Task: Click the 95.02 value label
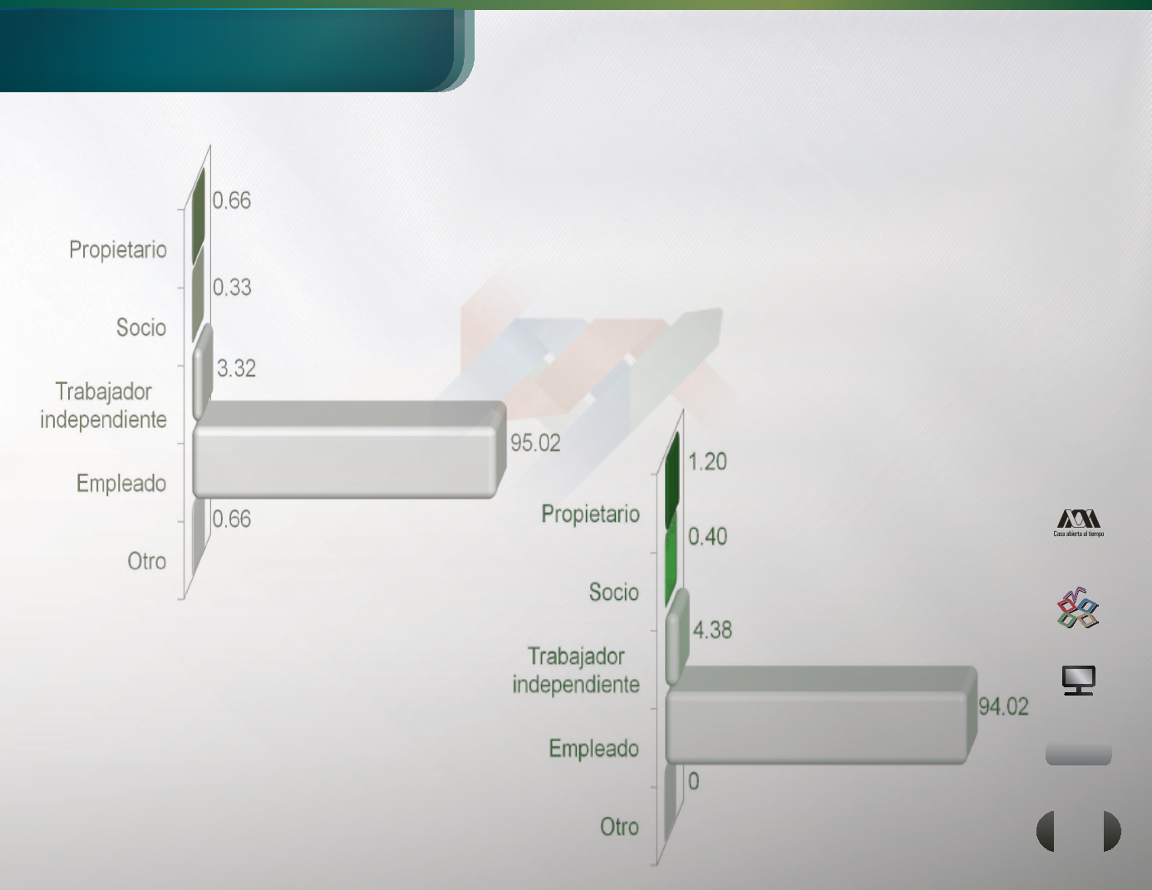click(x=535, y=443)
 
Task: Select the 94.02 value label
click(x=1003, y=706)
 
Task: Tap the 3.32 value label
click(x=236, y=368)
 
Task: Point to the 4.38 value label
click(x=712, y=630)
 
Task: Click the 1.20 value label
click(x=707, y=462)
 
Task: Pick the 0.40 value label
click(x=707, y=537)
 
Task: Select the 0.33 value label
click(x=232, y=288)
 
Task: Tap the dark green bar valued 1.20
click(x=672, y=479)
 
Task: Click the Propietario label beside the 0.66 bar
click(x=118, y=249)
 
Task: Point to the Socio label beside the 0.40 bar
click(x=613, y=593)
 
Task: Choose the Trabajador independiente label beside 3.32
click(x=103, y=406)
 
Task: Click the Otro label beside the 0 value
click(x=619, y=827)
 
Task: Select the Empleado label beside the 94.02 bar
click(x=593, y=749)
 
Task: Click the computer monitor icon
click(x=1078, y=681)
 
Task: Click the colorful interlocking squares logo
click(x=1078, y=607)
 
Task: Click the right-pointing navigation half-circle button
click(x=1112, y=831)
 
